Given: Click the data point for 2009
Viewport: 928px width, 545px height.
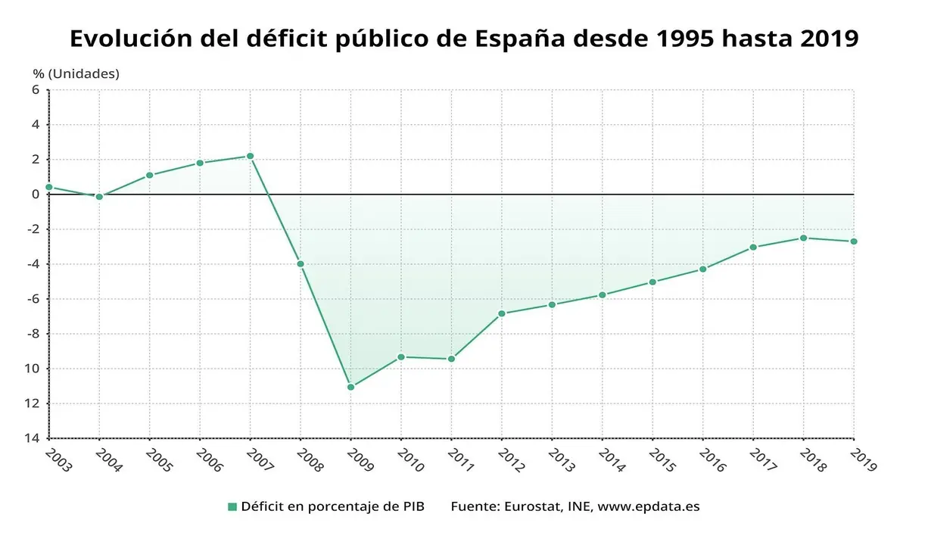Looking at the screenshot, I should [x=350, y=387].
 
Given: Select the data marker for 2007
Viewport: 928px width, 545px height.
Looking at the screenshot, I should [x=250, y=156].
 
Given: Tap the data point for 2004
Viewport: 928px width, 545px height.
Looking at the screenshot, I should [x=99, y=197].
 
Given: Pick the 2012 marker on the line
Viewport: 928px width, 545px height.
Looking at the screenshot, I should [x=501, y=313].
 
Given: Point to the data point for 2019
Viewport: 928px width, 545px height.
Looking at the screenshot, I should [x=854, y=241].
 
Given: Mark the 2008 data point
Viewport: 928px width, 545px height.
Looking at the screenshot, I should [x=301, y=264].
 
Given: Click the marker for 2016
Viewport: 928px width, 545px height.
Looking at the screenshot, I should [x=702, y=269].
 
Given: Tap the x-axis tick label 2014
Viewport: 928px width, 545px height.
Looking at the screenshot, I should [x=612, y=459].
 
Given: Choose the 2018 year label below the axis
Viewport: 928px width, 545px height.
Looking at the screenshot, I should [x=813, y=459].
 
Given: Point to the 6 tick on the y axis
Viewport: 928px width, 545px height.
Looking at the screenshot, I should [x=36, y=89].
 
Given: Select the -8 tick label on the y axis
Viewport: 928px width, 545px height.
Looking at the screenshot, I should [x=33, y=334].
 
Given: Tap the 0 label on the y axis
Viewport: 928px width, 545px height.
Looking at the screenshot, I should [x=36, y=195].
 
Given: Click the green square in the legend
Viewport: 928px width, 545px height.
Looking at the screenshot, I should [x=232, y=506].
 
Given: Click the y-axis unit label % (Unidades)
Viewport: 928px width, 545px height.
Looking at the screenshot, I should [x=76, y=73].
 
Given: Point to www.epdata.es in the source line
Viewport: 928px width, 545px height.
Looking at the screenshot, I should [x=649, y=506].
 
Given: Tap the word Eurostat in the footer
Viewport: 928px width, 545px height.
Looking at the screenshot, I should [x=532, y=506].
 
